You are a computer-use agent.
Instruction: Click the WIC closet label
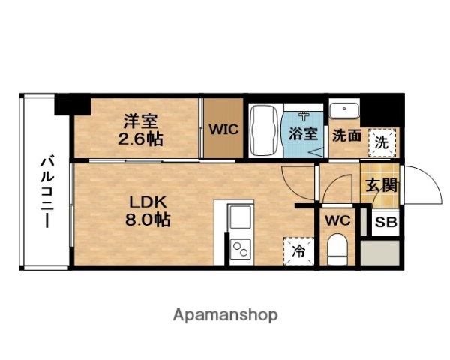[223, 130]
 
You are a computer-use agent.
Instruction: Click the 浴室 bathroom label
[303, 136]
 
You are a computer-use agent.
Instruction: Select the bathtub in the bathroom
[263, 130]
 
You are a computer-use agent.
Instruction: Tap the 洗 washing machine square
[382, 142]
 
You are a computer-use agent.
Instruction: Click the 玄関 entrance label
[382, 185]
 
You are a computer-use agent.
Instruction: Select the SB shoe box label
[385, 223]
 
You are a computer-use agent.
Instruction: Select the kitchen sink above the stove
[240, 220]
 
